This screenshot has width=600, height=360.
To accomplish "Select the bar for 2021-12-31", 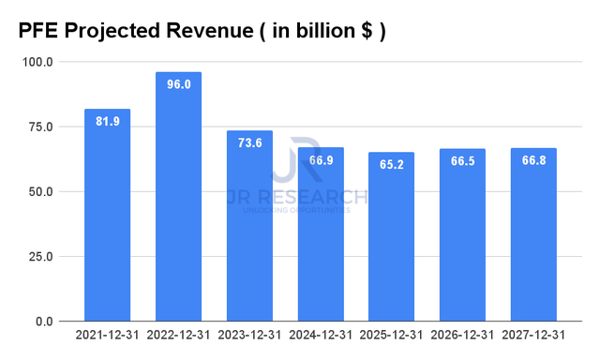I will [x=107, y=216].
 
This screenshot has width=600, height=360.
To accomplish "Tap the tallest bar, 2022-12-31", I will [x=178, y=197].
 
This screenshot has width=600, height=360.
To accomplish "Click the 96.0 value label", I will [x=178, y=84].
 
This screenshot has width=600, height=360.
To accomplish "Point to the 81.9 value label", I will [x=107, y=121].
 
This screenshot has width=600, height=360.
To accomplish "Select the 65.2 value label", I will [x=391, y=164].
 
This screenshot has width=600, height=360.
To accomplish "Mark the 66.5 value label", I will [x=462, y=160].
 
